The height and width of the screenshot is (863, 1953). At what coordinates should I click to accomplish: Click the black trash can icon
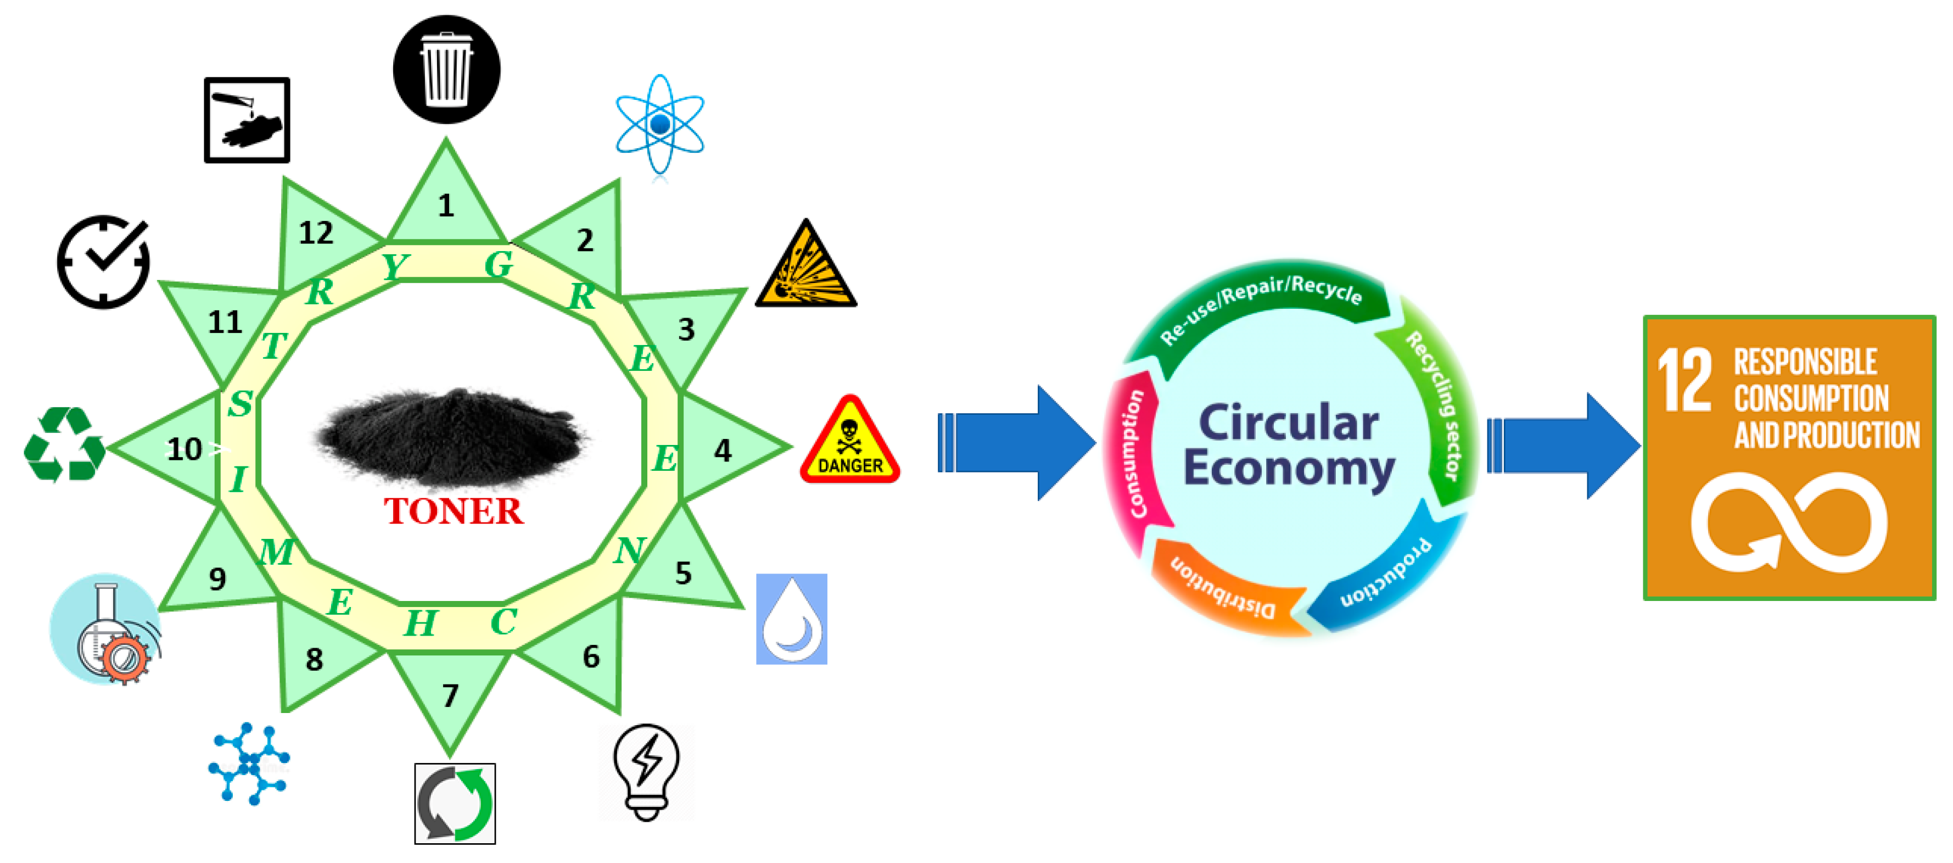[446, 69]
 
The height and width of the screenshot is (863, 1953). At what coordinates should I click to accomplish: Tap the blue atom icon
[659, 124]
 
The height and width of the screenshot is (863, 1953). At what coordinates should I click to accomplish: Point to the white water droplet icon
[792, 619]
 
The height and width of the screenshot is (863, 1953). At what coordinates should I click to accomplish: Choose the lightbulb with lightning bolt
[646, 771]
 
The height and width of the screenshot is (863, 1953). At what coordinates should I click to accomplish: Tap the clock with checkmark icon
[104, 261]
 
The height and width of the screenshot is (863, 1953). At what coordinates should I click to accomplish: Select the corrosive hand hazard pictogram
[247, 120]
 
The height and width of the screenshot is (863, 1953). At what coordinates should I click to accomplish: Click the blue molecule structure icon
[249, 763]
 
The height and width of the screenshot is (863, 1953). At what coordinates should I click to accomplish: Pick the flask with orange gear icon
[106, 628]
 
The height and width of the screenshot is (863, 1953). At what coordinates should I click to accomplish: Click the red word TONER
[454, 511]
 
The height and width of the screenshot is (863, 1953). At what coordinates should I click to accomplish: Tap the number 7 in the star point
[450, 695]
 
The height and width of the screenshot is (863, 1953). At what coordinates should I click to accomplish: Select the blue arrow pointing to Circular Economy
[1016, 443]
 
